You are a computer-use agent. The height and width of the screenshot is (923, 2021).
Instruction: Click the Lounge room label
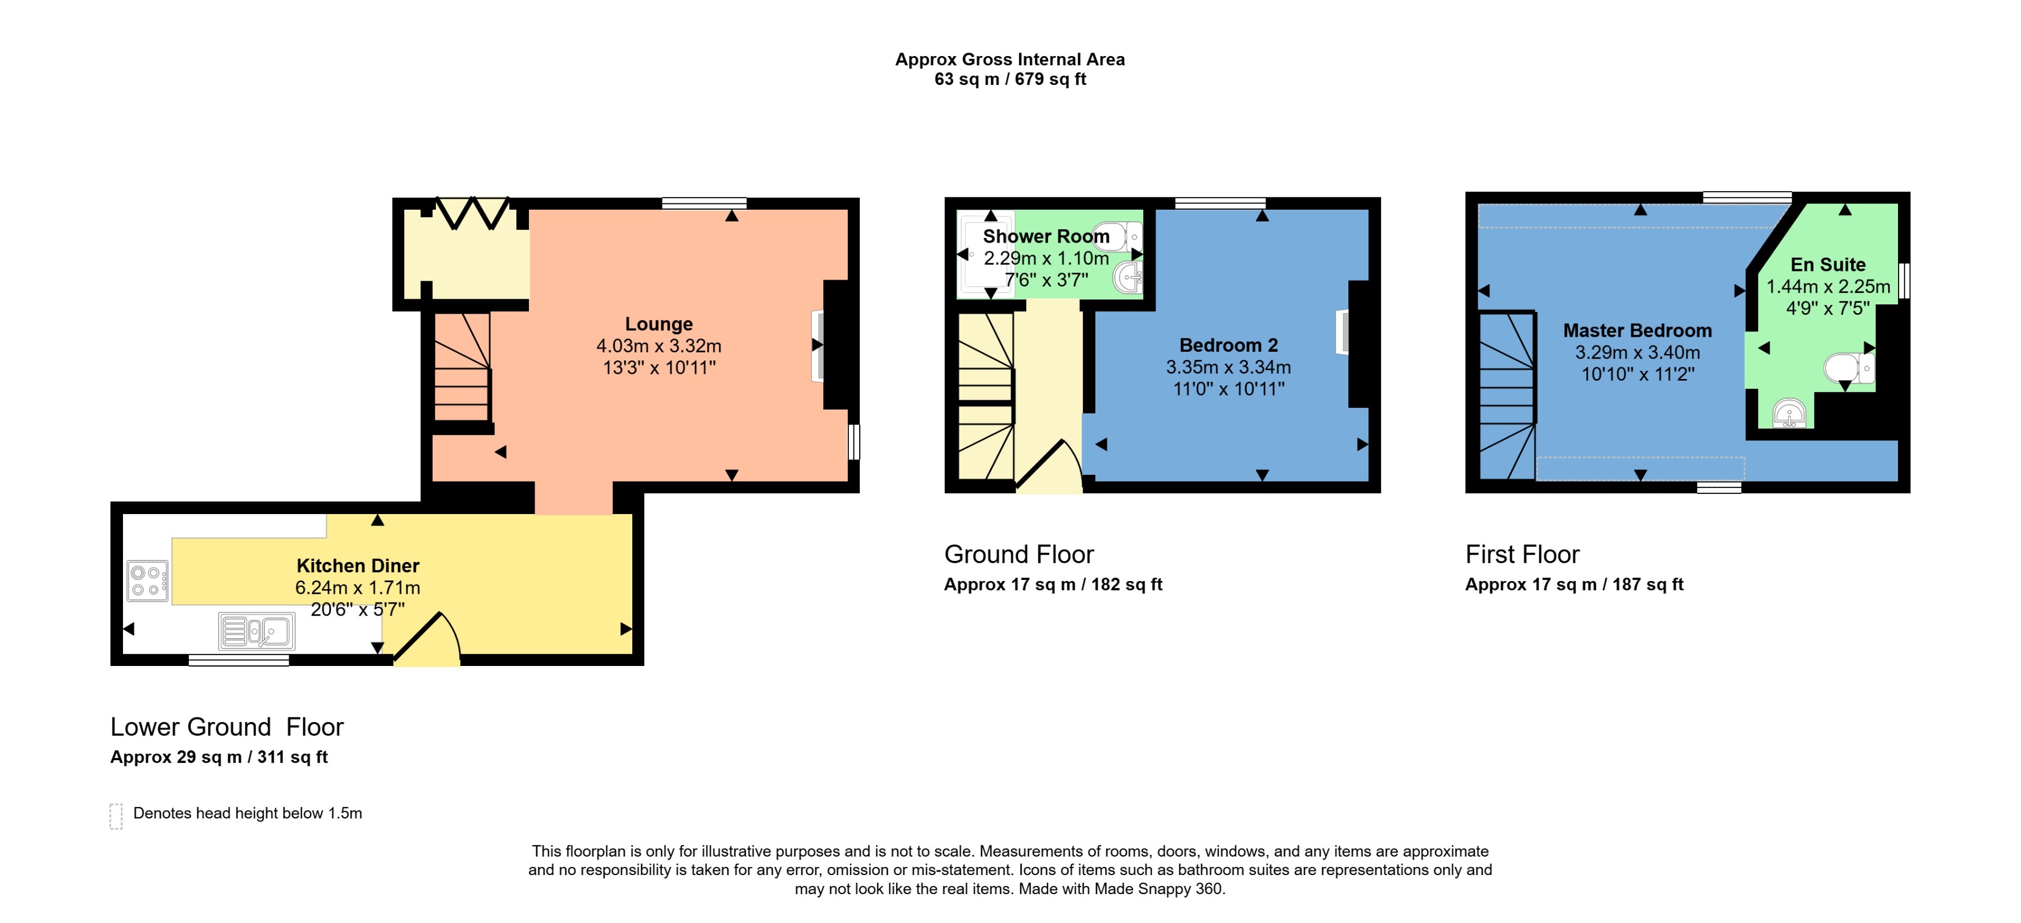[658, 324]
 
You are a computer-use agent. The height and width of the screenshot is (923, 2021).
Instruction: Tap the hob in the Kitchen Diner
[147, 581]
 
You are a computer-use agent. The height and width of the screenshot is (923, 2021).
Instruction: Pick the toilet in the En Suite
[1849, 367]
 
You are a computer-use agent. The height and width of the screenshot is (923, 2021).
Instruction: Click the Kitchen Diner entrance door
[427, 639]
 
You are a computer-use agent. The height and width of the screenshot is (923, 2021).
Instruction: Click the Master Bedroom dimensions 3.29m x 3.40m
[1638, 352]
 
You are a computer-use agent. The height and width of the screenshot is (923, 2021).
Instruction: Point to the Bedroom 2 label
[1229, 345]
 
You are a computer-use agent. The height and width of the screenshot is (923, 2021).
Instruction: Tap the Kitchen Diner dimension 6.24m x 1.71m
[358, 587]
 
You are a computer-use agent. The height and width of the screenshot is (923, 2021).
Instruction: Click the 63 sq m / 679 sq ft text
[1010, 79]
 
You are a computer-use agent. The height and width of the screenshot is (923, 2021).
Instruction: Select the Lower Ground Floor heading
[227, 727]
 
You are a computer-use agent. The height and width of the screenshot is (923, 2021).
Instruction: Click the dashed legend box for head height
[116, 816]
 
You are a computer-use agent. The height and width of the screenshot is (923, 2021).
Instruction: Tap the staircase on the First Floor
[1507, 396]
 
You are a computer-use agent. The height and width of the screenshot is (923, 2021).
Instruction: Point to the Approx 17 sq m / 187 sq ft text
[1574, 584]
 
